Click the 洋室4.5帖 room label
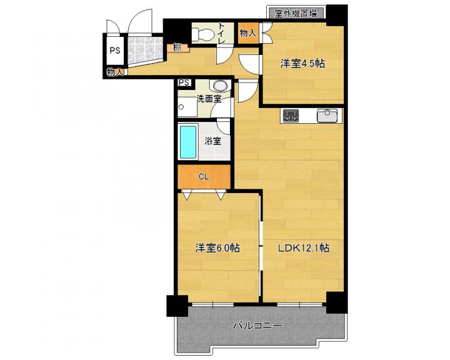click(302, 64)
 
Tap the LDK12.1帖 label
click(303, 247)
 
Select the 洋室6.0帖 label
click(218, 247)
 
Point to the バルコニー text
click(257, 326)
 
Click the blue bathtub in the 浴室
click(188, 142)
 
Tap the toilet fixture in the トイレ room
click(202, 34)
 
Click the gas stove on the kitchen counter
click(291, 116)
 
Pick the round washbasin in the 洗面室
click(219, 85)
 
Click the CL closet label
click(204, 177)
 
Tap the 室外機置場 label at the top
click(296, 14)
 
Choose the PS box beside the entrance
click(115, 51)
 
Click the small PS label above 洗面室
click(184, 82)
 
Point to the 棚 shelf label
click(177, 47)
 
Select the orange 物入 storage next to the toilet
click(248, 33)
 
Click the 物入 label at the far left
click(115, 72)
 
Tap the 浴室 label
click(212, 141)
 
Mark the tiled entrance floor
click(145, 50)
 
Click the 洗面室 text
click(209, 99)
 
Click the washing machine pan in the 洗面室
click(187, 107)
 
